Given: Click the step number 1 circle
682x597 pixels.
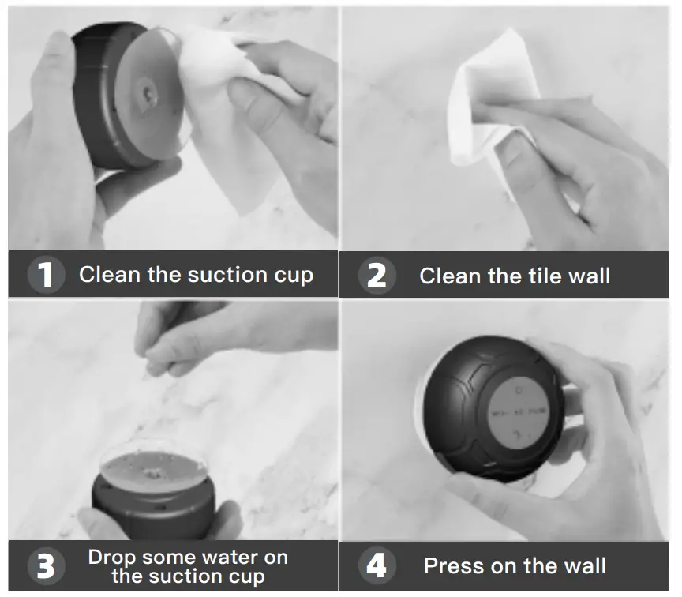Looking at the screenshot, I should (47, 275).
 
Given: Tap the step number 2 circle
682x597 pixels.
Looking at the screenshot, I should (377, 276).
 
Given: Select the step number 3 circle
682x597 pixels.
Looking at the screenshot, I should (47, 566).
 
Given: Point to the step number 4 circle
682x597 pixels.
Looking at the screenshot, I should (377, 566).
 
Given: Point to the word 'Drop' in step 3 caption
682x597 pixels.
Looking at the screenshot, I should (111, 557).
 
